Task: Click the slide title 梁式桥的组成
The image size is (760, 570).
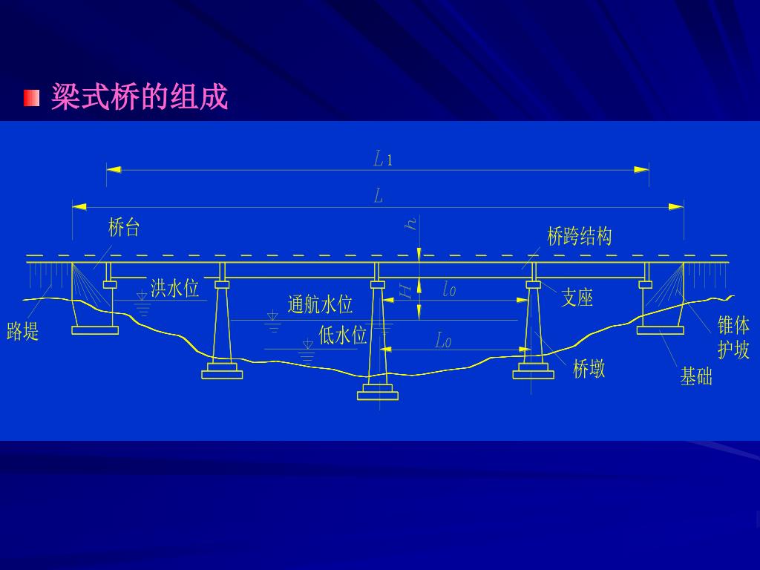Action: [x=139, y=97]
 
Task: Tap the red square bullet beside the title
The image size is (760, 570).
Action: [x=31, y=98]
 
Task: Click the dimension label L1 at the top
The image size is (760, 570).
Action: [x=382, y=158]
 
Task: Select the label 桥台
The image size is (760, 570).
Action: [x=124, y=227]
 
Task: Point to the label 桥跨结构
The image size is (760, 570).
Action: [x=580, y=237]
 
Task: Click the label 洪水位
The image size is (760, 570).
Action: [x=175, y=288]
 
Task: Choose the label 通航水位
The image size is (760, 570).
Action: [x=320, y=304]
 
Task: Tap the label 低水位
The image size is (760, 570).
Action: [x=343, y=335]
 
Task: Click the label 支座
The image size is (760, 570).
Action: [x=577, y=298]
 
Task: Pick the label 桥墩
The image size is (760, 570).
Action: [x=589, y=369]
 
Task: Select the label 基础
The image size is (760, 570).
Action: [x=696, y=377]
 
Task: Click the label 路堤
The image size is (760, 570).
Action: [x=23, y=332]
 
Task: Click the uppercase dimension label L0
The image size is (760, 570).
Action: [x=443, y=341]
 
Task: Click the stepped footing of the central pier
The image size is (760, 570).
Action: [x=378, y=391]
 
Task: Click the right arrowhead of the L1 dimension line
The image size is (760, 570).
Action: [x=642, y=170]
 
